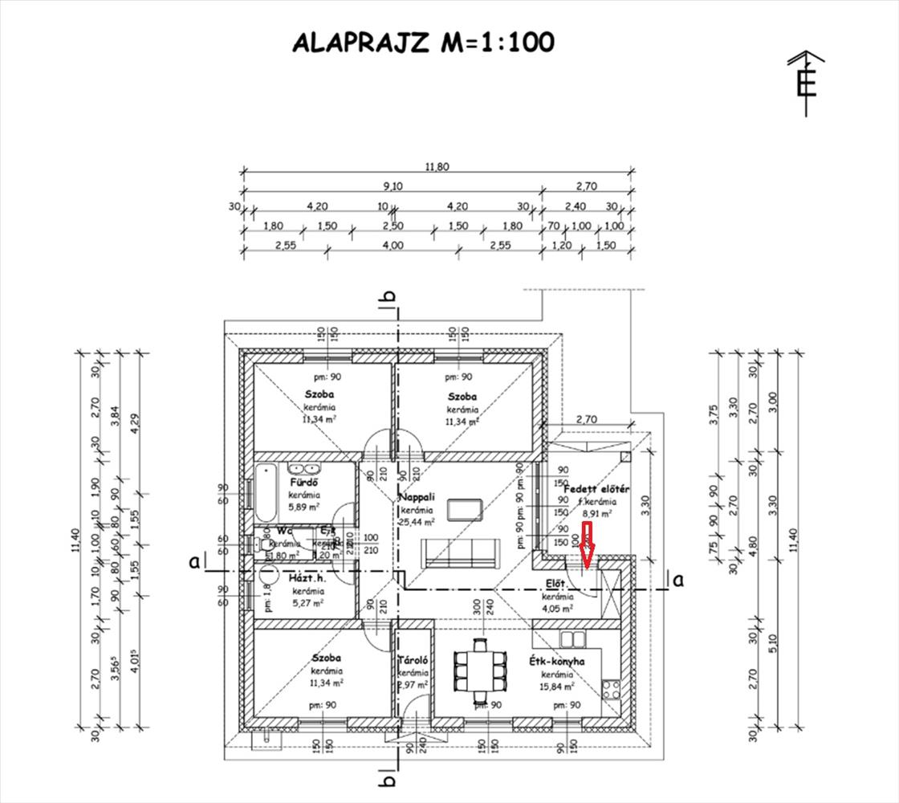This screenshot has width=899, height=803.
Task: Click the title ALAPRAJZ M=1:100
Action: point(423,43)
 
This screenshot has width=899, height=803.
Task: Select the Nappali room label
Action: point(417,498)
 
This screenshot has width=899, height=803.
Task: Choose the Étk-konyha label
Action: point(556,662)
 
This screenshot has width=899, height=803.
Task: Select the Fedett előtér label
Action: point(596,488)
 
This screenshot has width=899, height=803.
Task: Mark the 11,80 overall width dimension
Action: point(437,167)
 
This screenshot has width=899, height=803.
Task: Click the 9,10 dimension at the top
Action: point(393,186)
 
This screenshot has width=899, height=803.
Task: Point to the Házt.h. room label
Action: point(306,577)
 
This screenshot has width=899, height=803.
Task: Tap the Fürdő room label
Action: point(306,483)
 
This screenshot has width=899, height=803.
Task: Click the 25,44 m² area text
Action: point(417,522)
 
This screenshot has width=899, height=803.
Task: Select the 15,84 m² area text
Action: point(557,687)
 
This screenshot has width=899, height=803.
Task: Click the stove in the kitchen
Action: point(611,688)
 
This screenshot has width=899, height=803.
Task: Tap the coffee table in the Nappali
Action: point(464,509)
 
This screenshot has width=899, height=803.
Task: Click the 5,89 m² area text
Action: point(305,507)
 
